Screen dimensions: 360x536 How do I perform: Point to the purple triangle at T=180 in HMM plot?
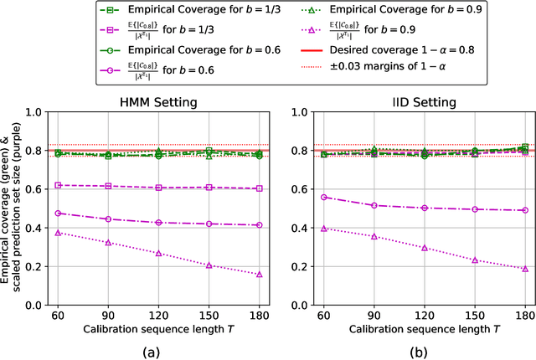point(259,274)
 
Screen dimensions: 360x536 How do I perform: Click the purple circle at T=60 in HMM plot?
point(58,213)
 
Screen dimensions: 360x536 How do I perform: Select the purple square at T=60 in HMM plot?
point(58,185)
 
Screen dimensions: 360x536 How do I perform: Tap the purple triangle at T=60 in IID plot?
point(324,228)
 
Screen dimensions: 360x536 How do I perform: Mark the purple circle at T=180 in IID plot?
point(525,210)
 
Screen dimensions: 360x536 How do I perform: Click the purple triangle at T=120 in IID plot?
point(425,248)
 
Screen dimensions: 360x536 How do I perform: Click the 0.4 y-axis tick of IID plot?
point(303,227)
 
